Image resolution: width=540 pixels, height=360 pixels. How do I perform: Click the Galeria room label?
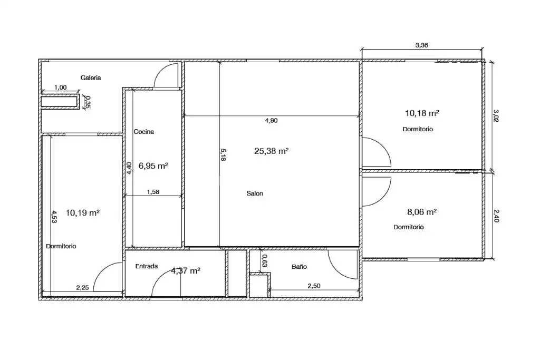[91, 78]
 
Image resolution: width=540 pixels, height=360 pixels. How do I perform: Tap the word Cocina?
[143, 131]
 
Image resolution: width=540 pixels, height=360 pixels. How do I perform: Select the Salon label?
[255, 193]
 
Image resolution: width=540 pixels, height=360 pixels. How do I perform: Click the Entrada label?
[147, 266]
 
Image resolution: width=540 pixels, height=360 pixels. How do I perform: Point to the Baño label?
[299, 266]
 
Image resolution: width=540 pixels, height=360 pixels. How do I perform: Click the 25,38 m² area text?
[272, 151]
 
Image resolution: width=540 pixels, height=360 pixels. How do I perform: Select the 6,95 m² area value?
[153, 166]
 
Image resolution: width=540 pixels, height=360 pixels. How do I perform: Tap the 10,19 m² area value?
[83, 213]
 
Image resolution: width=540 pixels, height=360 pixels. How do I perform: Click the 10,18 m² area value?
[422, 113]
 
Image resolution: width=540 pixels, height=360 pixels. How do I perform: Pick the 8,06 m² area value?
[422, 212]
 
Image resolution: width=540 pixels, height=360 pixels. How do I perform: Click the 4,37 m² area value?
[186, 271]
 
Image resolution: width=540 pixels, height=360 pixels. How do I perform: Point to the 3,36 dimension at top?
[421, 45]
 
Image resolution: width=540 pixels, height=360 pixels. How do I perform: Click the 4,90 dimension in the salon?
[272, 121]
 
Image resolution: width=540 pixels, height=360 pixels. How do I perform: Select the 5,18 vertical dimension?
[223, 155]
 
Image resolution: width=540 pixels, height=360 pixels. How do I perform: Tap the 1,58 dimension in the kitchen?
[153, 192]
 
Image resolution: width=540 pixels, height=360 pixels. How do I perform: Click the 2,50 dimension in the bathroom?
[314, 286]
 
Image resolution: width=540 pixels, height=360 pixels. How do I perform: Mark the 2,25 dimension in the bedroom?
[82, 288]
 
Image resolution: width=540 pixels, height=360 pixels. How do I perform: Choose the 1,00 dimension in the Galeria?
[60, 87]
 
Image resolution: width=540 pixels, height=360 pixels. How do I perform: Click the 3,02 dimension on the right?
[496, 115]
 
